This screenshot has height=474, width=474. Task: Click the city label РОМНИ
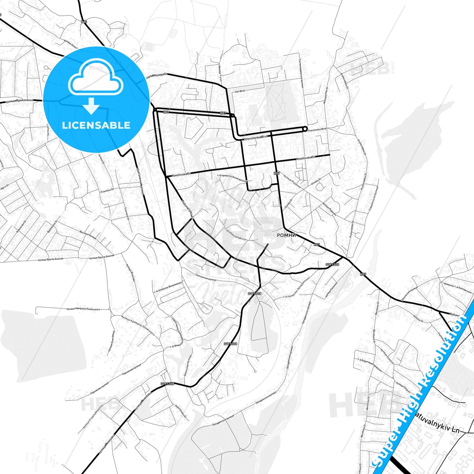[286, 235]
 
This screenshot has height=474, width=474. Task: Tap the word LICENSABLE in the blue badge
[96, 125]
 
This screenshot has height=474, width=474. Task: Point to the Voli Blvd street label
[240, 92]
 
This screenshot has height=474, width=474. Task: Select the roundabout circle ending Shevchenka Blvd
[305, 129]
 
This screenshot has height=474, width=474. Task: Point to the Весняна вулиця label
[88, 234]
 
